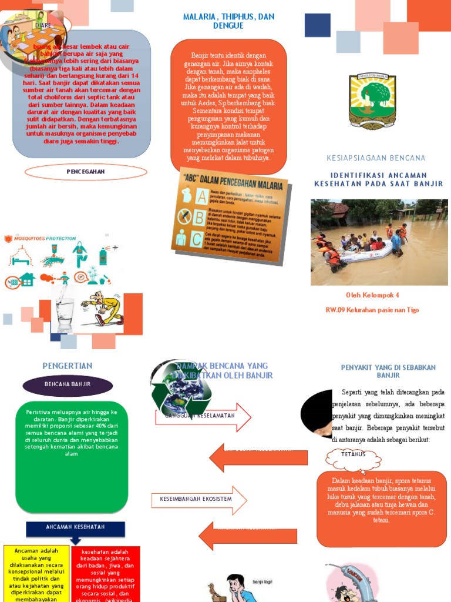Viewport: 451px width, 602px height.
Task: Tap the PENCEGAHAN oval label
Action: coord(86,172)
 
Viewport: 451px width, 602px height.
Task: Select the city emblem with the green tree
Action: coord(372,101)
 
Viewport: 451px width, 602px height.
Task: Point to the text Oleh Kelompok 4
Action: coord(373,295)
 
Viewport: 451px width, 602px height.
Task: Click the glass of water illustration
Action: coord(65,315)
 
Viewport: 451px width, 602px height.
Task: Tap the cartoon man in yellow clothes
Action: coord(103,308)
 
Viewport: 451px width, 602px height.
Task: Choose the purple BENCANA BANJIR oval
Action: coord(68,384)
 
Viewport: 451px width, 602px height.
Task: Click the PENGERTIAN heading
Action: coord(68,366)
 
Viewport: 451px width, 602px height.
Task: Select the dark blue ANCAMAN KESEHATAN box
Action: coord(75,527)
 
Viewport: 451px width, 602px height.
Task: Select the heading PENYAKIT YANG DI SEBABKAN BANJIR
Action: coord(388,371)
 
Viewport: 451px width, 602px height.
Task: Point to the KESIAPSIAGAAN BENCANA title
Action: coord(376,158)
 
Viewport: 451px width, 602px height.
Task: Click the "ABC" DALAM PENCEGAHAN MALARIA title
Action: coord(235,185)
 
